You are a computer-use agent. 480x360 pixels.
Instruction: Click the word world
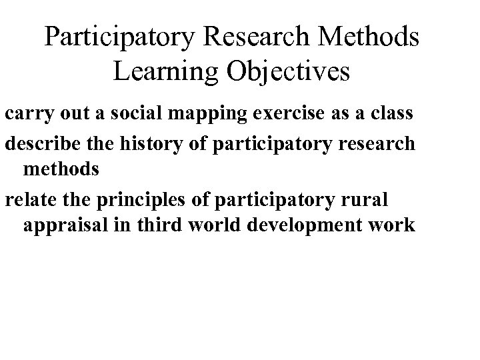215,226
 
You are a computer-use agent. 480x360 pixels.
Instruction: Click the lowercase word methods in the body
61,170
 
